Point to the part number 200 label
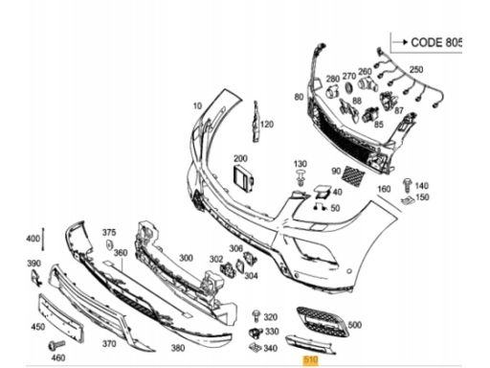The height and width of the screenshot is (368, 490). [x=239, y=156]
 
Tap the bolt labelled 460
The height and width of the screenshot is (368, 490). [x=59, y=339]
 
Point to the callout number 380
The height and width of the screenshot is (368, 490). [x=178, y=348]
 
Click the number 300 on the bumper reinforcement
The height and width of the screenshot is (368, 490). [x=187, y=258]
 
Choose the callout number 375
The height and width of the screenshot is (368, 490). [x=110, y=233]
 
